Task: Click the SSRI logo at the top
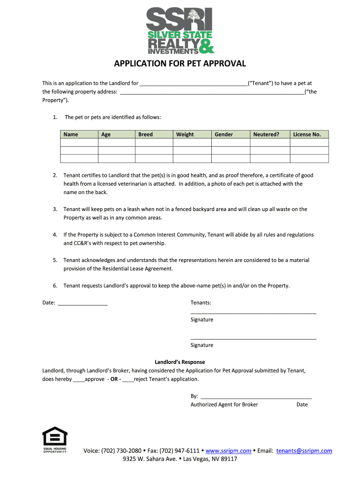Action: [180, 31]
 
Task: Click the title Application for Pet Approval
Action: [180, 64]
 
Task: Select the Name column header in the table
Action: [71, 135]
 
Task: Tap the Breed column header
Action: [145, 135]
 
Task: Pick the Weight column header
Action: [185, 135]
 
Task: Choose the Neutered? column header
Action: [266, 135]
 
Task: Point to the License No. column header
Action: [307, 135]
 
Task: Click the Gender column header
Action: [223, 135]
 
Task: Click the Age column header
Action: [106, 135]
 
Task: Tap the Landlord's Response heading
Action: [180, 362]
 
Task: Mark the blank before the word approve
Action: [79, 379]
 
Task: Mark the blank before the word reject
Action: [128, 379]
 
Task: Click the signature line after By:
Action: [256, 396]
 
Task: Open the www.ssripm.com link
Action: [228, 451]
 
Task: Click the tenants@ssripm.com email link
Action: [304, 451]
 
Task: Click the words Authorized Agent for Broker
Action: [224, 405]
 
